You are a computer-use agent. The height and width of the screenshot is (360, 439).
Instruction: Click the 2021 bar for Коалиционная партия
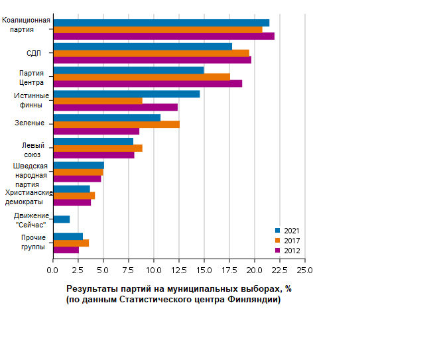tap(161, 23)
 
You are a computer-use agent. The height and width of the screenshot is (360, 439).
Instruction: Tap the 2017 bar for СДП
tap(151, 53)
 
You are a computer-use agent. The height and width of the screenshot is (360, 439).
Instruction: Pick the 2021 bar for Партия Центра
tap(129, 70)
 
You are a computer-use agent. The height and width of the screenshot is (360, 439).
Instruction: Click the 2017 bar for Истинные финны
tap(97, 101)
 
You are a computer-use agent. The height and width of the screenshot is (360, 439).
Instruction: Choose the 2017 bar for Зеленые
tap(116, 124)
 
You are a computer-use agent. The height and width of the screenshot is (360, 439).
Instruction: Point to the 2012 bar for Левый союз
tap(94, 155)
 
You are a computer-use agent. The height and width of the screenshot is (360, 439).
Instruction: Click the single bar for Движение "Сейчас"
tap(62, 219)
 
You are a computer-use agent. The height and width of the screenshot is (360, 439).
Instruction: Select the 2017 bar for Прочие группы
tap(71, 243)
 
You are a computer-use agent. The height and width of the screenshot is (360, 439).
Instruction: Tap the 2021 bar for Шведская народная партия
tap(78, 165)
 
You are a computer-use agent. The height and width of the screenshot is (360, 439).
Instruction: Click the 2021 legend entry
tap(287, 230)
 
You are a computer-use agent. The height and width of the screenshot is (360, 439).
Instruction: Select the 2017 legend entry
tap(287, 240)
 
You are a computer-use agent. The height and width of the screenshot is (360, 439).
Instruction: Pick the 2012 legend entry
tap(287, 251)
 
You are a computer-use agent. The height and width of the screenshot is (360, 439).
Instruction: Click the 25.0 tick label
tap(304, 270)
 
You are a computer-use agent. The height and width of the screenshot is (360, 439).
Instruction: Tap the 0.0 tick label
tap(53, 270)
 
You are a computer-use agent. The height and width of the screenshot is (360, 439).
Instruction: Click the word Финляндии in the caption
tap(253, 300)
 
